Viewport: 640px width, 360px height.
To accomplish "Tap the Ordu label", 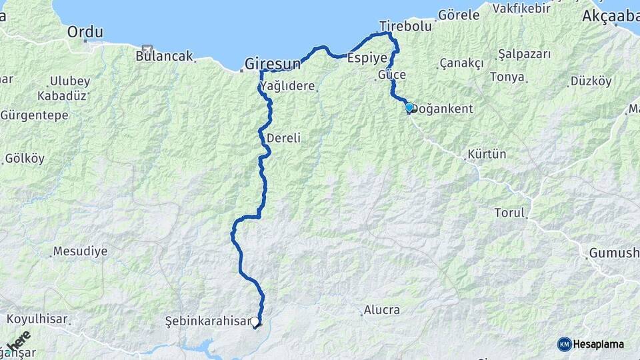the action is coord(85,31).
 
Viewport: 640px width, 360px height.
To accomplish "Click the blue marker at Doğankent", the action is coord(409,107).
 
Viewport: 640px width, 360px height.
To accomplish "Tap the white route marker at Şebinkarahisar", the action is coord(255,322).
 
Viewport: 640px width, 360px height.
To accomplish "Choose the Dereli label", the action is coord(283,139).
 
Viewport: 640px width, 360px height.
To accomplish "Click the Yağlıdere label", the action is coord(287,87).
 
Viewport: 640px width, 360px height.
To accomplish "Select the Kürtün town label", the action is coord(487,154).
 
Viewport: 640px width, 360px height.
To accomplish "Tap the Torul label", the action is coord(510,213).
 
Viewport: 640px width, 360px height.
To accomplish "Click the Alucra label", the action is coord(381,310).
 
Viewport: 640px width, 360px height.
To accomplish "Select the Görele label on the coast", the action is coord(459,15).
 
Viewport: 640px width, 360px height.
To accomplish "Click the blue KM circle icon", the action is coord(564,344).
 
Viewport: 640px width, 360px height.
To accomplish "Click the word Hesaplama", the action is coord(598,345).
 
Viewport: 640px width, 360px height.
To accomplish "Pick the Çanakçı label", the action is coord(461,63).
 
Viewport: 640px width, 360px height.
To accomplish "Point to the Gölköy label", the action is coord(25,159).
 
